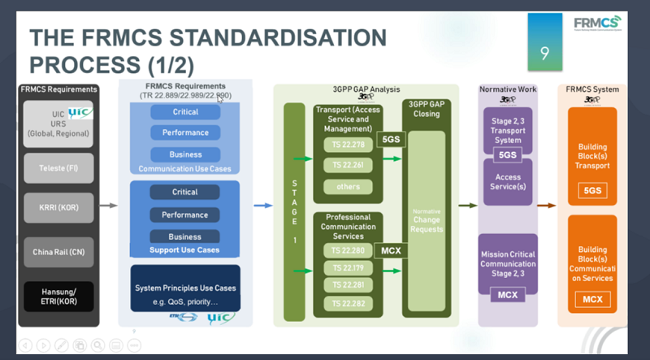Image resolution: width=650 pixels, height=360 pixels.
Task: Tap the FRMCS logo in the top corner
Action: (597, 22)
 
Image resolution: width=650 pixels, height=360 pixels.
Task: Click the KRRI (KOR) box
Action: (59, 208)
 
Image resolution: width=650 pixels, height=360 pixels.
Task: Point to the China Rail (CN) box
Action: (59, 252)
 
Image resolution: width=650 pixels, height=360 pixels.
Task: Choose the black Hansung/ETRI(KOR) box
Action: (59, 296)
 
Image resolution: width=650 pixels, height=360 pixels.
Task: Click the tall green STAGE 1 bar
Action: (293, 216)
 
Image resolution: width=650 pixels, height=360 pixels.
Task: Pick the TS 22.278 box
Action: (348, 145)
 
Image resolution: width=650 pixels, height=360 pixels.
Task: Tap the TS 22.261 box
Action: (348, 166)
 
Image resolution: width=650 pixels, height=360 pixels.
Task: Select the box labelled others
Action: (348, 187)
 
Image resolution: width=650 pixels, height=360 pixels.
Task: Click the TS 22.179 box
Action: (348, 267)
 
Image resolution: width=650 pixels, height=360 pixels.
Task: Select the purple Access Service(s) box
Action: (508, 181)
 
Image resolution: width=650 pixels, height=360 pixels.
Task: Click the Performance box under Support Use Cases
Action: (184, 215)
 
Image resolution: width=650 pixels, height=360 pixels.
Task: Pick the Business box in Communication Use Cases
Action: (184, 154)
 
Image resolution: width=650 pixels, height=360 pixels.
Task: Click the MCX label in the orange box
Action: (592, 300)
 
